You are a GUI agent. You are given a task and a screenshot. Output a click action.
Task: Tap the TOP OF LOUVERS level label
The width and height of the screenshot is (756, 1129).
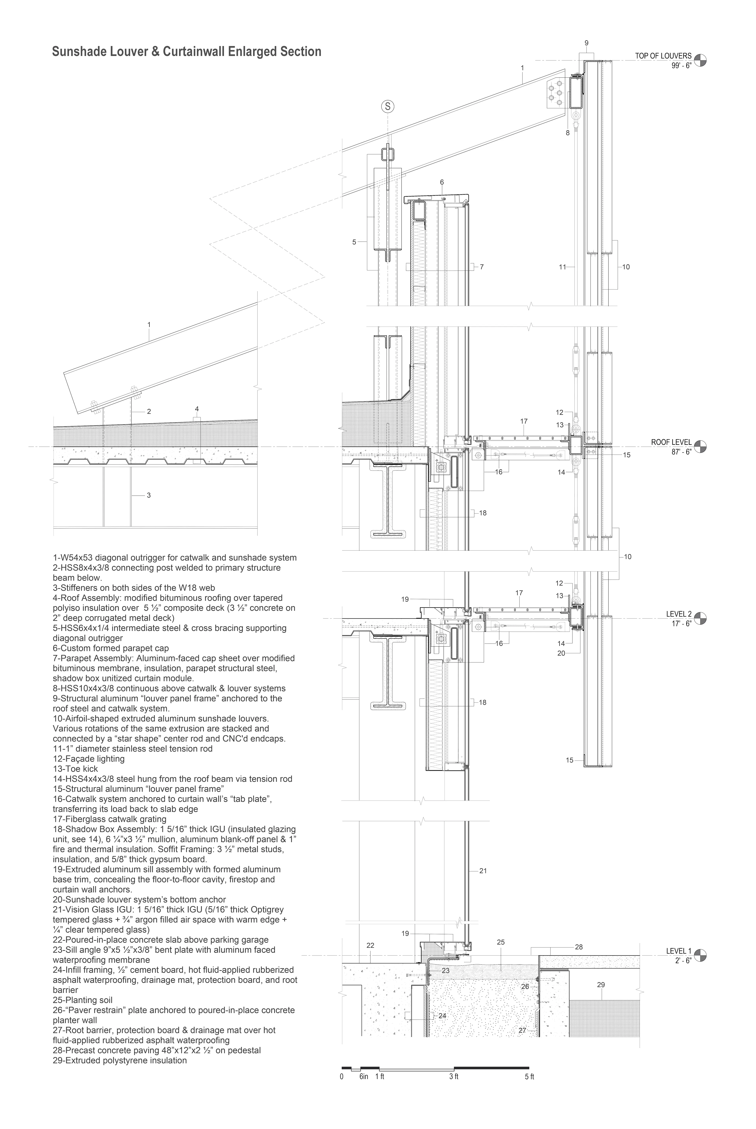(663, 56)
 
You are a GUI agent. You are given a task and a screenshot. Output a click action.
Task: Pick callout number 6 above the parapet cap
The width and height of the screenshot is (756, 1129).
(442, 182)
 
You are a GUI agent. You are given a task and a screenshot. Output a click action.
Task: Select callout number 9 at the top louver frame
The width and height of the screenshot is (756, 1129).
(586, 43)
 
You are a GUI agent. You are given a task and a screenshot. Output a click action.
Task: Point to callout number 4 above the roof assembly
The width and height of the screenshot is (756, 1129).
(197, 409)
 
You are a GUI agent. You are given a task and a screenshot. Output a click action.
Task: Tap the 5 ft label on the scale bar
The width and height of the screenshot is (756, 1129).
(529, 1076)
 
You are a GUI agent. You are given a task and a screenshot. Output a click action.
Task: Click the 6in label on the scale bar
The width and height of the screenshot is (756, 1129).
(364, 1076)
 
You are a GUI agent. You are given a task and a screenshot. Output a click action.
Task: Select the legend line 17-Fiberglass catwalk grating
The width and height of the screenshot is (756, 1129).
(109, 819)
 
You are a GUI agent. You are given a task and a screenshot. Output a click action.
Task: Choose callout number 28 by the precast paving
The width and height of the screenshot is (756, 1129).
(579, 946)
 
